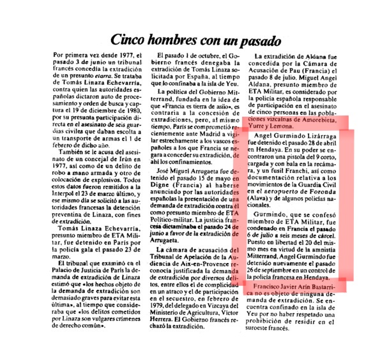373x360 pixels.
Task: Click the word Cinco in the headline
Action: [130, 40]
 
